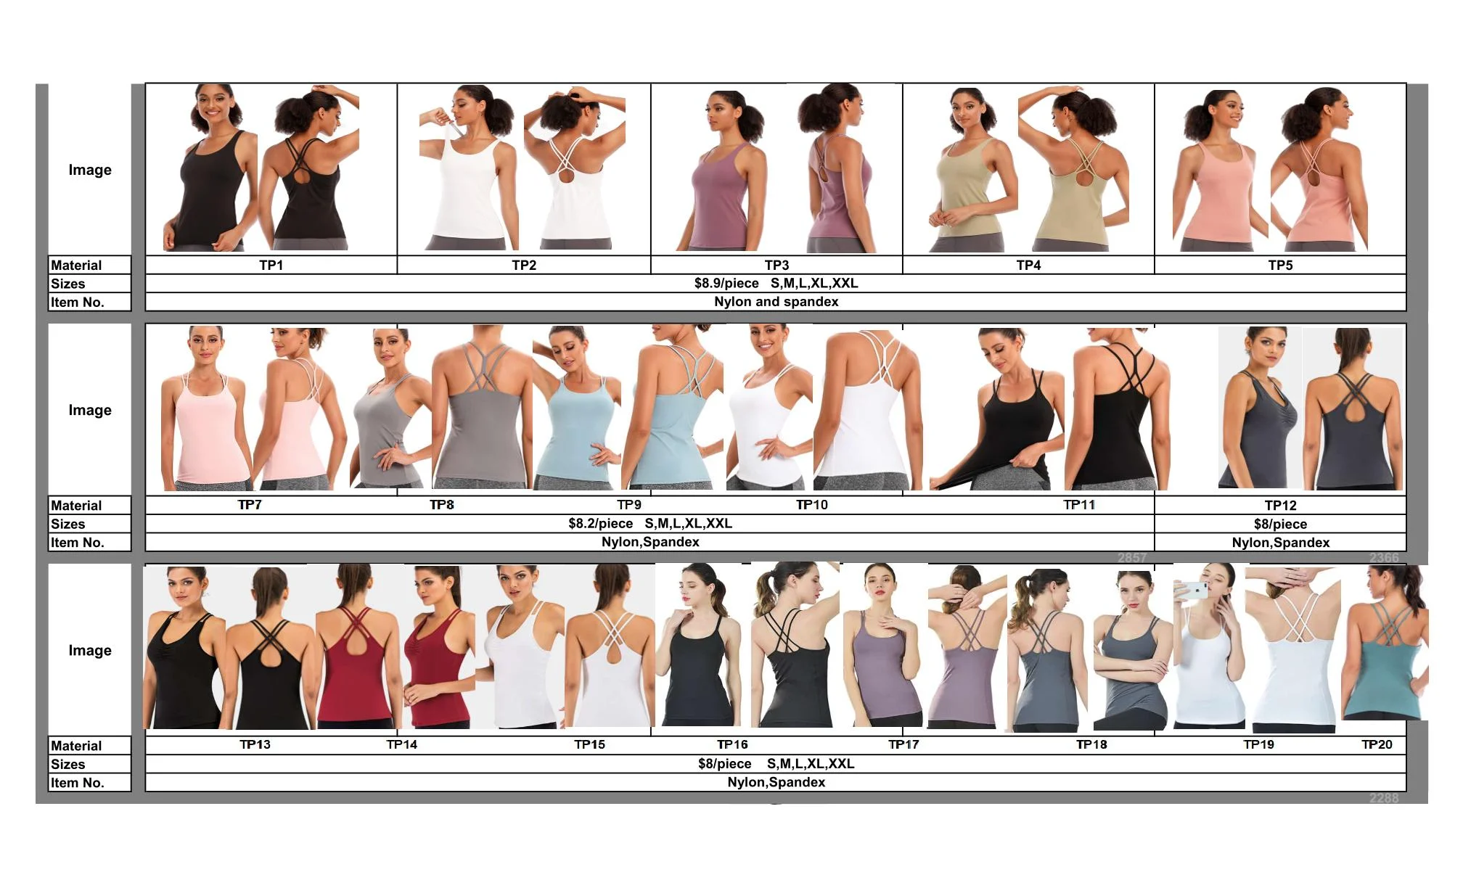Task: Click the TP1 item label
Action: tap(271, 266)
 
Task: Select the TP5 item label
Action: tap(1280, 266)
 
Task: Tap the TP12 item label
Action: tap(1280, 506)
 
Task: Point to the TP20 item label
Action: tap(1377, 744)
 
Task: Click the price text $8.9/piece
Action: tap(726, 284)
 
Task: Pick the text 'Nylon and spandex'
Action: tap(776, 302)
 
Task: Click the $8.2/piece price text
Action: tap(601, 524)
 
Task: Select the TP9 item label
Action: tap(629, 505)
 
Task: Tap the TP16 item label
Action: tap(732, 744)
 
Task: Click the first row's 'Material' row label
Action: tap(76, 266)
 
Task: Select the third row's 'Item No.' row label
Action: tap(77, 783)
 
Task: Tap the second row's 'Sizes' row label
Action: tap(67, 525)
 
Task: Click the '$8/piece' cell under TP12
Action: tap(1280, 525)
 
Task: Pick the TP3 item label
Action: tap(776, 266)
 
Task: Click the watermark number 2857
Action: tap(1132, 558)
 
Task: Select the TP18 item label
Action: tap(1091, 744)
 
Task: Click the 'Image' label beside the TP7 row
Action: tap(90, 410)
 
